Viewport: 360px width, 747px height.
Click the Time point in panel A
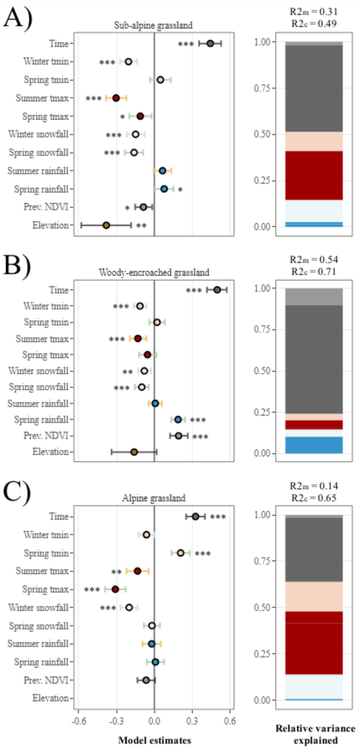210,44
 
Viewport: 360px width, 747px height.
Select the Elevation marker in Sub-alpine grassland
106,225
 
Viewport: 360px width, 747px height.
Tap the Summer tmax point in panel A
116,98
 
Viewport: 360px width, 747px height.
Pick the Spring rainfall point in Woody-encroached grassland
178,419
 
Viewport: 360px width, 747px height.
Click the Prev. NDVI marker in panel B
179,436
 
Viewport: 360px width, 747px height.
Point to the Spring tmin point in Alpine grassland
181,553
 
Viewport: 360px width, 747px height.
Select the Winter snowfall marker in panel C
129,607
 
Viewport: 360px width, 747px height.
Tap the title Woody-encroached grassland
154,272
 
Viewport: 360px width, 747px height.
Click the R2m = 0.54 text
314,260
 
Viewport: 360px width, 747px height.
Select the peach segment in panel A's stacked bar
314,141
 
